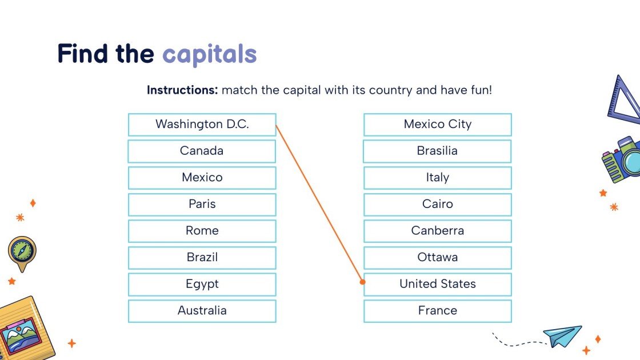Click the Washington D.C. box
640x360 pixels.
(202, 125)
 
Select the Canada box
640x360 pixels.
(202, 151)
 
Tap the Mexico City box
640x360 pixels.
(437, 125)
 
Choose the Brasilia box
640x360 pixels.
(437, 151)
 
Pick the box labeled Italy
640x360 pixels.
(437, 178)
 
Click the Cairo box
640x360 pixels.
(437, 205)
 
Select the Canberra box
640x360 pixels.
(437, 231)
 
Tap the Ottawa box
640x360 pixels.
(437, 258)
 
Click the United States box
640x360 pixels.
(437, 284)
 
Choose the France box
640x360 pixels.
(437, 311)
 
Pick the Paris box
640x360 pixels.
(202, 205)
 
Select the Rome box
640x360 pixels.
(202, 231)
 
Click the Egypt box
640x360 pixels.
(202, 284)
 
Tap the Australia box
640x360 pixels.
(202, 311)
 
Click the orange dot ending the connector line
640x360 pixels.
(362, 282)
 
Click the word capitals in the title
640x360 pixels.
(209, 54)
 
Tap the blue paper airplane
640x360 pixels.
(562, 335)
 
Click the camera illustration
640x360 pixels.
(622, 159)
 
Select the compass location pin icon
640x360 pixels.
(22, 252)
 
